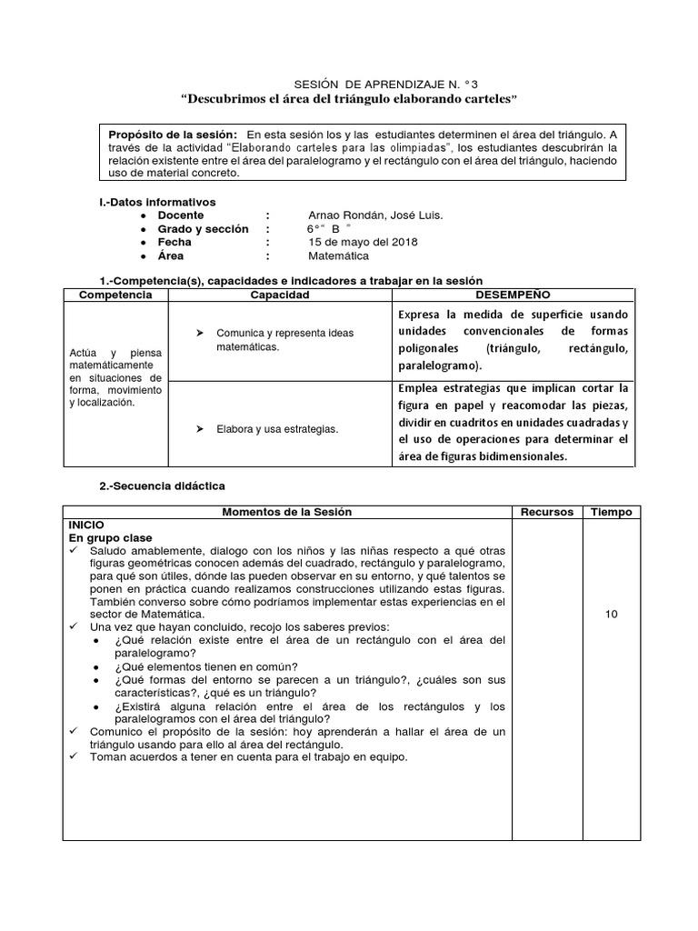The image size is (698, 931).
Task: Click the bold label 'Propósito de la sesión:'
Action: (x=174, y=134)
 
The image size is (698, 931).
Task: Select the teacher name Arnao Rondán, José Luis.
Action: (x=375, y=215)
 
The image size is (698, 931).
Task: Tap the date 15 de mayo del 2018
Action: (x=364, y=243)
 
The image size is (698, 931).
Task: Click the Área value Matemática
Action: (x=339, y=256)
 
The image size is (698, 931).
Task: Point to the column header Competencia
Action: (x=115, y=295)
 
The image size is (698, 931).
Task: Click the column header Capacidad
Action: (x=280, y=295)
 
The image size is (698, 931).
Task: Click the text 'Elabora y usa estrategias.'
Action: (x=277, y=429)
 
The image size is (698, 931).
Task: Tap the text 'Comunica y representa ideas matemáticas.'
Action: (x=284, y=340)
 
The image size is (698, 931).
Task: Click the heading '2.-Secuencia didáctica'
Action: (x=162, y=486)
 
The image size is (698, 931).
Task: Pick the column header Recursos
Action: (x=546, y=512)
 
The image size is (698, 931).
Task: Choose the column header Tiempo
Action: (x=611, y=512)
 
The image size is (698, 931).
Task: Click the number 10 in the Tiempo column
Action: (x=611, y=615)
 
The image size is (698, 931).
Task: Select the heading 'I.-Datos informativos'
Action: (x=157, y=201)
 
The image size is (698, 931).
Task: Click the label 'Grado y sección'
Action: (x=203, y=229)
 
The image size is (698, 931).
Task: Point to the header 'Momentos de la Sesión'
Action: (x=286, y=512)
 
